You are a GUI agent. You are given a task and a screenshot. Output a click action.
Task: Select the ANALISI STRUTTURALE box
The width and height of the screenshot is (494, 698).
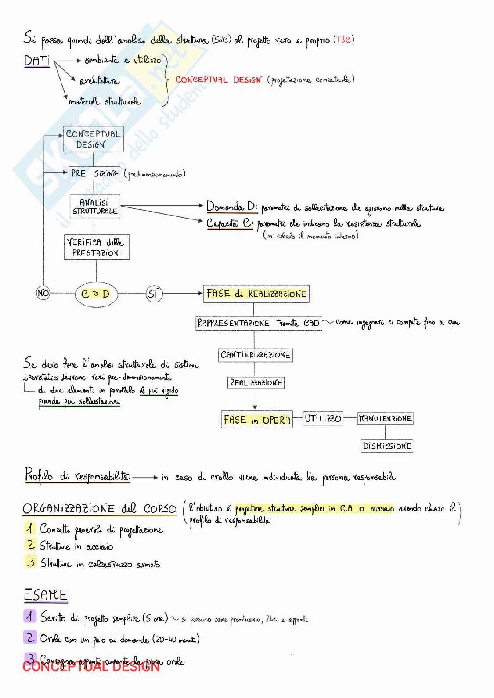[95, 207]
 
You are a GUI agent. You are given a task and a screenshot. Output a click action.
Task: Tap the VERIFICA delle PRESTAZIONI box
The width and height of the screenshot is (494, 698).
[97, 248]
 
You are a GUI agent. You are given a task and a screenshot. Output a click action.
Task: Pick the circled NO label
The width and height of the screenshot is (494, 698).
[43, 293]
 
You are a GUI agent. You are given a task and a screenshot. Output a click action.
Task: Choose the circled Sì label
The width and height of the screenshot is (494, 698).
[153, 293]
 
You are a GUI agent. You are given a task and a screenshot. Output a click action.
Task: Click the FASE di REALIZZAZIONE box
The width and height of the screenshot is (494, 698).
[256, 294]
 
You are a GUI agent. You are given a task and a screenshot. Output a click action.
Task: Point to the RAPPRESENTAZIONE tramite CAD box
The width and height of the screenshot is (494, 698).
[259, 323]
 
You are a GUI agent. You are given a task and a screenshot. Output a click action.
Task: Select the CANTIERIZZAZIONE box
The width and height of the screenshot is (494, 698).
[256, 355]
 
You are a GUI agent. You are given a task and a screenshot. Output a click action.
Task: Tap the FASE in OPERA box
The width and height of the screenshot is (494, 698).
[257, 420]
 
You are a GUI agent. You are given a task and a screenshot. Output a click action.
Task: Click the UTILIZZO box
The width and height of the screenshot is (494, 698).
[323, 418]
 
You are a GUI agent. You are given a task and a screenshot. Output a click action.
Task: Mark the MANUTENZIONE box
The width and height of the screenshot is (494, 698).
[385, 418]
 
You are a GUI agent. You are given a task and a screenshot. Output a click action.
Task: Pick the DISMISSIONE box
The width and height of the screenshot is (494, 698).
[387, 446]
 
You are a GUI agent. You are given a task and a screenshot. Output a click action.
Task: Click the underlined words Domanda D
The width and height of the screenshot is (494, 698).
[231, 207]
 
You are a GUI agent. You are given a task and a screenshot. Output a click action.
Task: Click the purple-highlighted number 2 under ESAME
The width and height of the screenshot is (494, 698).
[30, 637]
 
